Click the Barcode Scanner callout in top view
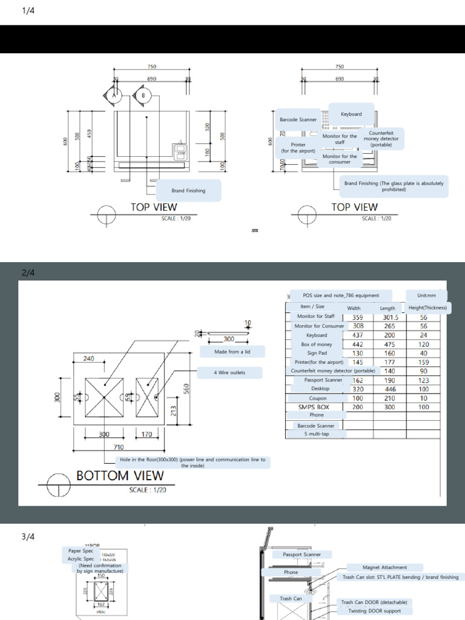click(298, 120)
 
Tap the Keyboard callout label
click(351, 114)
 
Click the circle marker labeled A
click(114, 96)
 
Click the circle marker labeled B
click(143, 96)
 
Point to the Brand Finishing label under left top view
click(188, 191)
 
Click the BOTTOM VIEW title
click(120, 475)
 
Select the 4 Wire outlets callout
click(229, 373)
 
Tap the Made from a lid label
click(232, 352)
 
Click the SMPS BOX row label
click(314, 407)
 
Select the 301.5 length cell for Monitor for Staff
click(387, 317)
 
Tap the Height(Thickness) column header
click(427, 308)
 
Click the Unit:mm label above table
click(426, 295)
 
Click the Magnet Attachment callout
click(384, 567)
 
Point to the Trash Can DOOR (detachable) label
click(374, 602)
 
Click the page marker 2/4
click(28, 273)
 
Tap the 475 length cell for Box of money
click(387, 344)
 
